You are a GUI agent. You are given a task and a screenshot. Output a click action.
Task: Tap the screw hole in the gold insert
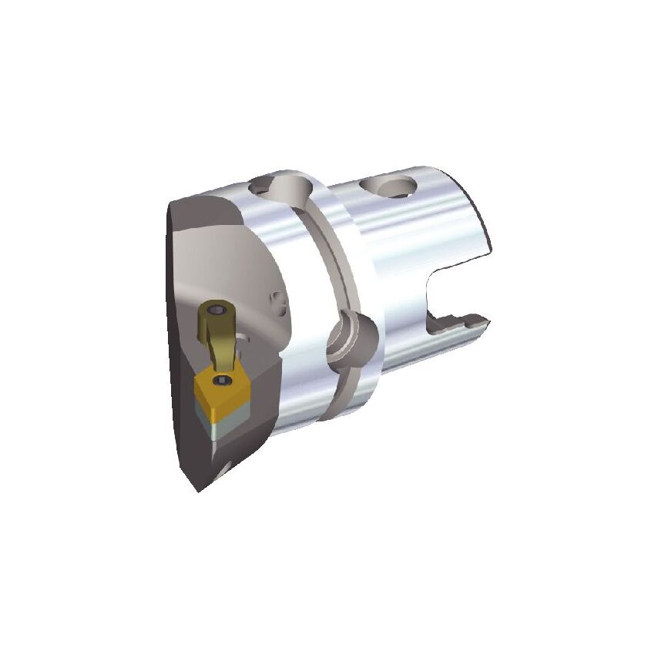pyautogui.click(x=224, y=381)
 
